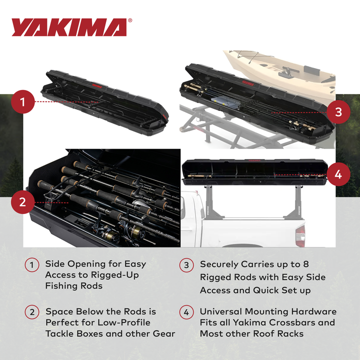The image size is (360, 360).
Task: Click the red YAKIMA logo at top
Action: click(69, 27)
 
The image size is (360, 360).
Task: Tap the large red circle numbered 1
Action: click(22, 102)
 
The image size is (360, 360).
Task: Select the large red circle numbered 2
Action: click(22, 202)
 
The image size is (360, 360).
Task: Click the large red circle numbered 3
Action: click(338, 111)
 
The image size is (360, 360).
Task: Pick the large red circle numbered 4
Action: click(338, 174)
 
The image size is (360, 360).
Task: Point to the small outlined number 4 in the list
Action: click(186, 312)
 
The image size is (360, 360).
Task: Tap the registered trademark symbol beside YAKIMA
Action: click(130, 21)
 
